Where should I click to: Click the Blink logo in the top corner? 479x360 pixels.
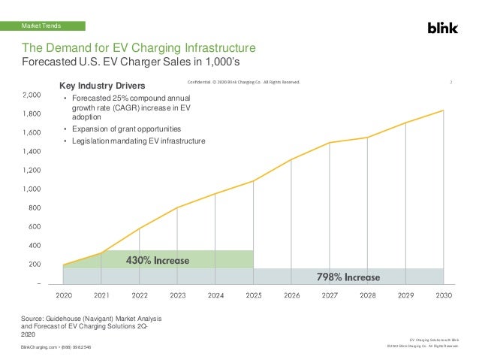(443, 28)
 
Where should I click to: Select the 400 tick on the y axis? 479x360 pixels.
(35, 245)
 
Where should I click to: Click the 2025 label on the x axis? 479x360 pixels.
(253, 296)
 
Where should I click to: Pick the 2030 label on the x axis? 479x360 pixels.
(443, 296)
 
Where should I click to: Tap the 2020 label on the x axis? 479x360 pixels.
(64, 296)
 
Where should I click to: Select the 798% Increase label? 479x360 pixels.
(347, 277)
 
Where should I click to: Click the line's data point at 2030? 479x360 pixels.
(443, 110)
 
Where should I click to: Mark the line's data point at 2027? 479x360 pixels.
(330, 143)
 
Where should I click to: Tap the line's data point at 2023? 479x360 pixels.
(177, 207)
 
